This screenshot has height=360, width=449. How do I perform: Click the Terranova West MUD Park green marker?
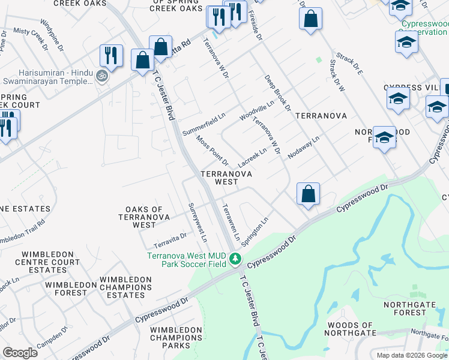coord(236,260)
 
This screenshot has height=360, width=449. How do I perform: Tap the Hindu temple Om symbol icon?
coord(101,76)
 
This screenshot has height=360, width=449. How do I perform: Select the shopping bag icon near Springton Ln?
coord(308,194)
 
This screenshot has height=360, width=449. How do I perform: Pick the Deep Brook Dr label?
coord(277,92)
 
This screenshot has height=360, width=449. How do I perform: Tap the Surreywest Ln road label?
coord(197,222)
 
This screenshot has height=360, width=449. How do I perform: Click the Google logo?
coord(20,353)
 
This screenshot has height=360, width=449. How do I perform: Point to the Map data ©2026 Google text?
coord(412,355)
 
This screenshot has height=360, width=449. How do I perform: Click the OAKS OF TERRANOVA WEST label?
coord(145,217)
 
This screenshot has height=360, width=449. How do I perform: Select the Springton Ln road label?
coord(254,232)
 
